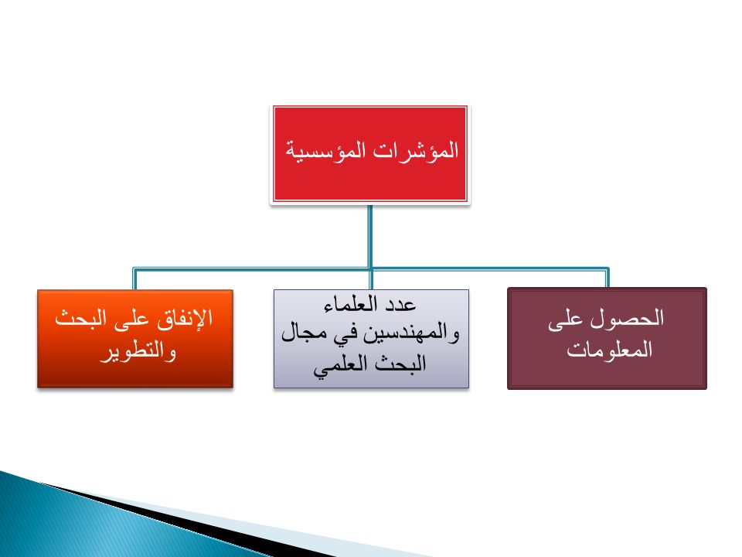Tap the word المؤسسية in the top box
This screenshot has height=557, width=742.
325,151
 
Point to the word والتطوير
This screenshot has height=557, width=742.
138,351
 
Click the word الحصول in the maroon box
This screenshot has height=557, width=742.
627,318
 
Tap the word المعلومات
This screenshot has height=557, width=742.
610,350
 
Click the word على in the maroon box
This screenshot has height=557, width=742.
565,320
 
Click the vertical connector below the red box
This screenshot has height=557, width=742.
370,237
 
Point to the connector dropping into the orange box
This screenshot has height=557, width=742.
134,279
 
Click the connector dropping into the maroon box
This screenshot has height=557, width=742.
607,278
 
